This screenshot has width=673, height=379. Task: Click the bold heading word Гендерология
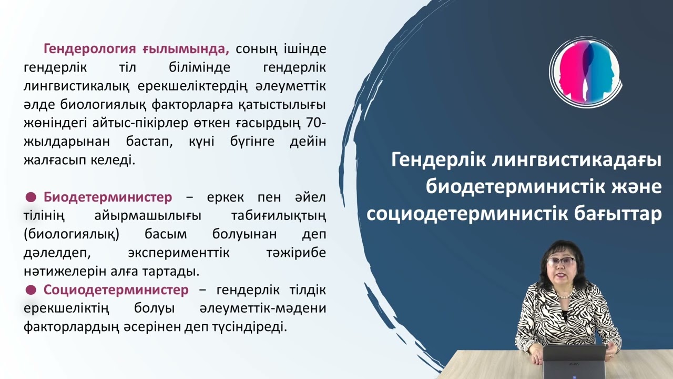pyautogui.click(x=91, y=49)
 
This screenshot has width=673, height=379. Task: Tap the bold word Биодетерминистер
pyautogui.click(x=108, y=197)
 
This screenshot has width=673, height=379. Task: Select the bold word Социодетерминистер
pyautogui.click(x=116, y=290)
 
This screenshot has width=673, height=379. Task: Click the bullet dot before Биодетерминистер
pyautogui.click(x=31, y=197)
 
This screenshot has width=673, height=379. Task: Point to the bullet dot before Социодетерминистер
pyautogui.click(x=31, y=290)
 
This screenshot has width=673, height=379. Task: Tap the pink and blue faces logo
pyautogui.click(x=586, y=72)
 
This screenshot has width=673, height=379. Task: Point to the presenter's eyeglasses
pyautogui.click(x=560, y=262)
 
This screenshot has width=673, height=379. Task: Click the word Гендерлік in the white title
pyautogui.click(x=437, y=160)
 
